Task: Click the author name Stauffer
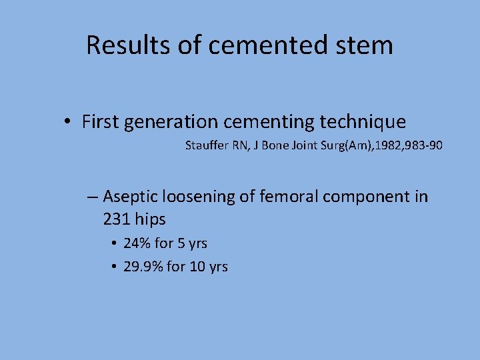[x=207, y=145]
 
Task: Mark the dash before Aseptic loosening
[x=93, y=197]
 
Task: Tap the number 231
[x=117, y=219]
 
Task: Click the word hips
[x=151, y=219]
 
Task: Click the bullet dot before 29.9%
[x=115, y=267]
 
